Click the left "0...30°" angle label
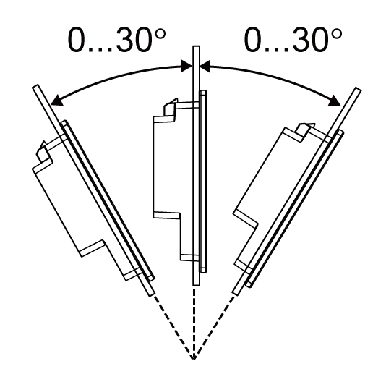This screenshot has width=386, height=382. (x=116, y=40)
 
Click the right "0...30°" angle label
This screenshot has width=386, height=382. (x=293, y=40)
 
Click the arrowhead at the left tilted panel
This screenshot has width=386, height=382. (x=56, y=101)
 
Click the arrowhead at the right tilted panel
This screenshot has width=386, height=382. (x=334, y=101)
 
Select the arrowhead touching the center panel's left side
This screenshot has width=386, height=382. (x=186, y=66)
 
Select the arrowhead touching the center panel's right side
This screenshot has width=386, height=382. (x=205, y=66)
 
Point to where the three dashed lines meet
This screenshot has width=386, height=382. (x=194, y=359)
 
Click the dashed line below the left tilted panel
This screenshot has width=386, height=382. (x=173, y=326)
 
